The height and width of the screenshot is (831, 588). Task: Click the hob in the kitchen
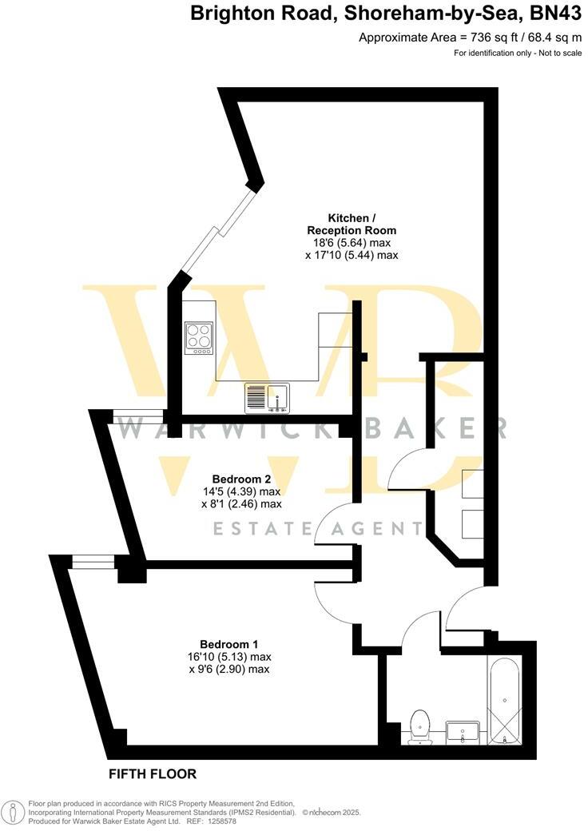(199, 338)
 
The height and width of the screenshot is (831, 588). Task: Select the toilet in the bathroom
(418, 726)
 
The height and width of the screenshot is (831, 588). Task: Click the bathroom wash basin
(463, 731)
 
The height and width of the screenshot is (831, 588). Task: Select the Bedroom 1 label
(229, 644)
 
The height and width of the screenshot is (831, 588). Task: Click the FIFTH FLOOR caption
(153, 773)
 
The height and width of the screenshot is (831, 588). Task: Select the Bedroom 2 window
(138, 415)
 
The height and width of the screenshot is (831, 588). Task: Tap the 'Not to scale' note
(558, 53)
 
